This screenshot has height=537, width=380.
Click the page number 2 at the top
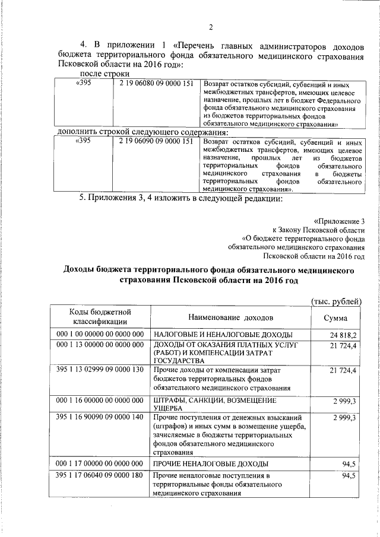click(x=210, y=26)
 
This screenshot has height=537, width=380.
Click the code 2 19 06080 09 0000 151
click(x=156, y=84)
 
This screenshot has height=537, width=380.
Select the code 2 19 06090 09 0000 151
click(x=156, y=142)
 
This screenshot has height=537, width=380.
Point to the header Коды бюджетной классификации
click(x=100, y=317)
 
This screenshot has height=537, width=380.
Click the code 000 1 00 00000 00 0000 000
click(x=100, y=335)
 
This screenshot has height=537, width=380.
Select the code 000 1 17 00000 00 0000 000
click(x=100, y=463)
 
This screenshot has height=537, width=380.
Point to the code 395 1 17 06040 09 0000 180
click(x=100, y=476)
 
